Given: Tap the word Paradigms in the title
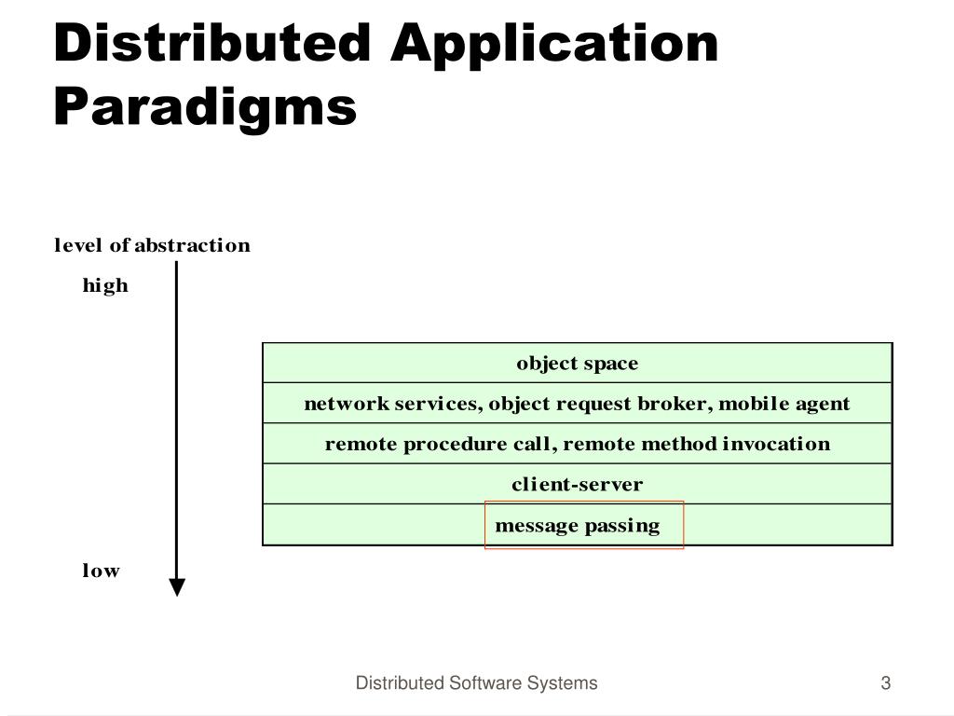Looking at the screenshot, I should click(x=205, y=105).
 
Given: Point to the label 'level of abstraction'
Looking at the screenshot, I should click(x=152, y=245).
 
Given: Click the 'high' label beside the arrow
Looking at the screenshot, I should click(x=105, y=285).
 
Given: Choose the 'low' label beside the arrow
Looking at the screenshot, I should click(x=101, y=571).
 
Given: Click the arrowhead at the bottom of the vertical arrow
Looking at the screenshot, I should click(x=177, y=587).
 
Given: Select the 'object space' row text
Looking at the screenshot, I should click(x=578, y=363).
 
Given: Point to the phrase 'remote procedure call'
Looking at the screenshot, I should click(x=439, y=444).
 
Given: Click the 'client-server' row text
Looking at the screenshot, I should click(x=578, y=484).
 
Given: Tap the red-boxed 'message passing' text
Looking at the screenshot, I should click(x=578, y=525).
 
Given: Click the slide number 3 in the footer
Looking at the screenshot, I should click(x=886, y=683).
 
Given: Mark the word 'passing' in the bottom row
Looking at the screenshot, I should click(x=622, y=525).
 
